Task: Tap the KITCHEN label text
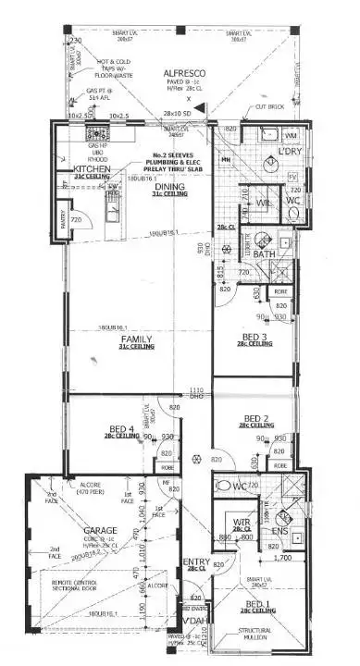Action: coord(92,170)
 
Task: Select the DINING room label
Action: coord(169,187)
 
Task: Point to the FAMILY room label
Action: coord(135,340)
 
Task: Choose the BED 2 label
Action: coord(255,417)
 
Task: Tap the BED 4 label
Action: coord(119,428)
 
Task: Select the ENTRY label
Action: coord(196,561)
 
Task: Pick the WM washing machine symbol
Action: coord(289,136)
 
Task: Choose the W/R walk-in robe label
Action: coord(242,523)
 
